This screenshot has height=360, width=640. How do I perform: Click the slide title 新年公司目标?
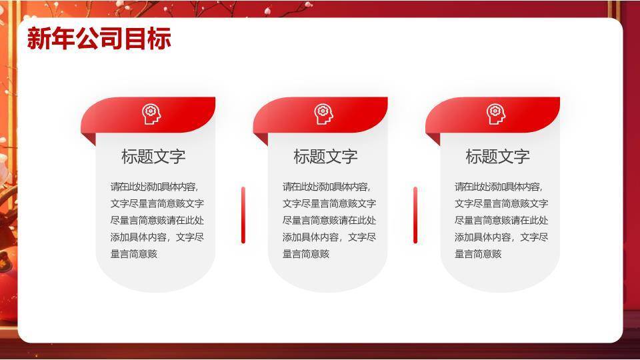99,39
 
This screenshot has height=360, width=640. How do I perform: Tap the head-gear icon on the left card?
151,114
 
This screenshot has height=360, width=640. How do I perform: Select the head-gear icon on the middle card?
323,114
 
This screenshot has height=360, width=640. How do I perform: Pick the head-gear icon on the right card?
495,114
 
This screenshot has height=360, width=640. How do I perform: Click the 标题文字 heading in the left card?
153,156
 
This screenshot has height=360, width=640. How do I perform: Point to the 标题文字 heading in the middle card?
326,156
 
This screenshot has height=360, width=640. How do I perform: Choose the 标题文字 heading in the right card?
498,156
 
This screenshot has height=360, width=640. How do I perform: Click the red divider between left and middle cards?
243,215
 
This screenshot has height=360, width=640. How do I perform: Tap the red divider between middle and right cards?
415,215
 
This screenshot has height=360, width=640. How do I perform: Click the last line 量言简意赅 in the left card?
134,254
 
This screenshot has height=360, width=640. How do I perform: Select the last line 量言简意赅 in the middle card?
306,254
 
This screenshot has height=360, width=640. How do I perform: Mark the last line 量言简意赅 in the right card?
479,254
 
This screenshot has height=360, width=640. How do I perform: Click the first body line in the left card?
154,187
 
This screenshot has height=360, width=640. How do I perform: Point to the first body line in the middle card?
327,187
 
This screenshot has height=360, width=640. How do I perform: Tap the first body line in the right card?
499,187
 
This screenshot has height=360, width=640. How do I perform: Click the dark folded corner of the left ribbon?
91,137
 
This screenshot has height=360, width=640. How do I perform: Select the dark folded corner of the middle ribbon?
263,137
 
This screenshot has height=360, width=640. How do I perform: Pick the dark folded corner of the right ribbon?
435,137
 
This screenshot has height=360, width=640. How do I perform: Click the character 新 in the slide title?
39,39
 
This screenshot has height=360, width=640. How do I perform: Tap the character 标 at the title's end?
159,39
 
